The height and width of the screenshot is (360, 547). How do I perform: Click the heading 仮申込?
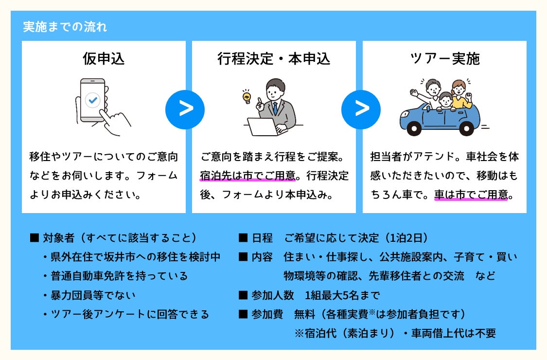click(104, 59)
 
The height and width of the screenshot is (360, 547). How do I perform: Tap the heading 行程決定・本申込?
click(274, 59)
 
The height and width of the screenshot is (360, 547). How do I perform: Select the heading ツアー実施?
click(445, 59)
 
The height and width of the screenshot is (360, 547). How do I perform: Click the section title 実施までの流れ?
click(65, 27)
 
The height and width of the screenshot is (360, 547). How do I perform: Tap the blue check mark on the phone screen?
click(92, 100)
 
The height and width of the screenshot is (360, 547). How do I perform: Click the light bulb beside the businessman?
click(247, 95)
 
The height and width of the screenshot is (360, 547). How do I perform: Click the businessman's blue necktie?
click(275, 108)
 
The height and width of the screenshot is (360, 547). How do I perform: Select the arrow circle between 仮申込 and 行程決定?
click(185, 109)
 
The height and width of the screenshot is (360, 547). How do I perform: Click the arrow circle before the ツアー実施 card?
click(361, 109)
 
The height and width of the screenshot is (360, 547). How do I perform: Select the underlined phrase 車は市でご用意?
click(471, 195)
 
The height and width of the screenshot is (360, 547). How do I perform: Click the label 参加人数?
click(273, 295)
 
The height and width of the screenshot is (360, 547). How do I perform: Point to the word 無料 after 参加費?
click(305, 314)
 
